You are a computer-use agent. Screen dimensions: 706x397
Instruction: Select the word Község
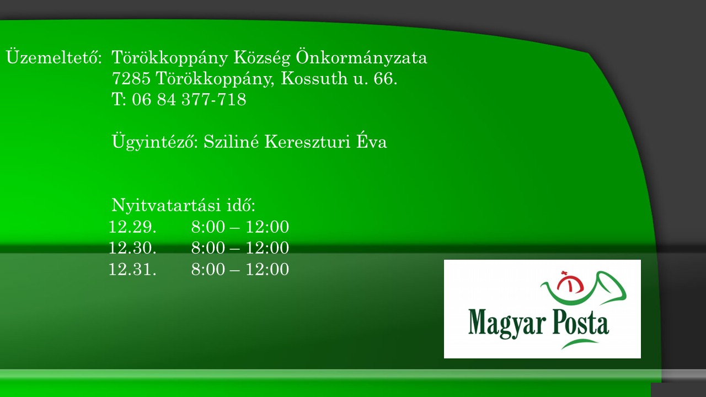261,57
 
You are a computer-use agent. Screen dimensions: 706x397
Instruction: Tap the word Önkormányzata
361,57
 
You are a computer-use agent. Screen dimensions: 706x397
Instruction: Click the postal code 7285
131,78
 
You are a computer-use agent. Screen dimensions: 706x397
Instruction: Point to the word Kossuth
314,78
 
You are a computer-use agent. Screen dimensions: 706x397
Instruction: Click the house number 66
385,78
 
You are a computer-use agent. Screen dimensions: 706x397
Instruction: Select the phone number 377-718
214,99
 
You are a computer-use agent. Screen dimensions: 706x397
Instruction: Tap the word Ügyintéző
153,141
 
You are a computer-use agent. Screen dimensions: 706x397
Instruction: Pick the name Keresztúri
307,142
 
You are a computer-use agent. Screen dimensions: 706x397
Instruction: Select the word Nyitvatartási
166,205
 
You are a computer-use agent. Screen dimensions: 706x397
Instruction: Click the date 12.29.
132,227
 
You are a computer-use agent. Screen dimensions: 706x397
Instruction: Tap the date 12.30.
132,248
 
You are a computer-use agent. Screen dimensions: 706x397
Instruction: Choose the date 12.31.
132,269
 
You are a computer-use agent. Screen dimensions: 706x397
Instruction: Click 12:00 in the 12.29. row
268,227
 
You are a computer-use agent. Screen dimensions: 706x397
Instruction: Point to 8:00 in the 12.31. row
208,269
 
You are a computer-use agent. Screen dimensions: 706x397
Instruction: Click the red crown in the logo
570,282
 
